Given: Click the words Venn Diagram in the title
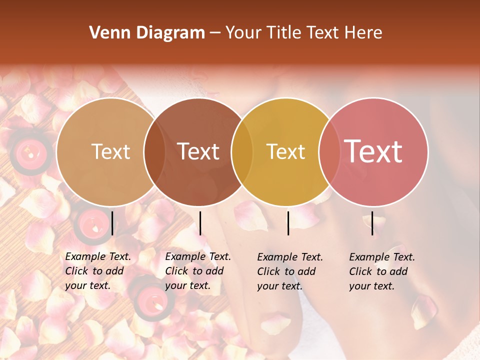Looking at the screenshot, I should [x=147, y=33].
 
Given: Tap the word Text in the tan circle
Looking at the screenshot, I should [x=111, y=151].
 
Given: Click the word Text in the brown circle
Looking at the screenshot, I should [x=198, y=151].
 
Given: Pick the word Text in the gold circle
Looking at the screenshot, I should [x=285, y=151].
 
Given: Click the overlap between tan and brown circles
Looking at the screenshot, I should [x=154, y=151].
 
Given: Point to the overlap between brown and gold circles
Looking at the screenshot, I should [x=242, y=151].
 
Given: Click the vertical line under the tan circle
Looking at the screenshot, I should [x=112, y=223].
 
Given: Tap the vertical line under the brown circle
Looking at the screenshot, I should [x=200, y=223].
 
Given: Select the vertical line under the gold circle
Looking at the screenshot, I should [x=288, y=223].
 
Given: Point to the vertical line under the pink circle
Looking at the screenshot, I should [x=372, y=223].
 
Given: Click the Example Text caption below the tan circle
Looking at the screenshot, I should [x=98, y=271].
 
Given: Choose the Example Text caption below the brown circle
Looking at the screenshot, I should [x=198, y=271].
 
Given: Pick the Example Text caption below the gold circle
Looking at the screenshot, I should [x=290, y=271].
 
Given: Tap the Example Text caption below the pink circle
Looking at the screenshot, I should [x=382, y=271].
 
